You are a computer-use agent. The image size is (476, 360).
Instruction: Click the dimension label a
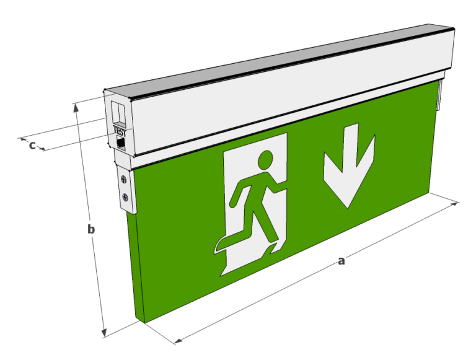[x=341, y=261]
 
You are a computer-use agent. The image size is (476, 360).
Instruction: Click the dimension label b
[x=90, y=229]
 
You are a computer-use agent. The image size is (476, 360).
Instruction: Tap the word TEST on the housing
[x=120, y=131]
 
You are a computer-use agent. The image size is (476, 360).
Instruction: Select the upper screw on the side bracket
[x=126, y=179]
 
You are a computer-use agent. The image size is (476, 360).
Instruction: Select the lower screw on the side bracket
[x=126, y=198]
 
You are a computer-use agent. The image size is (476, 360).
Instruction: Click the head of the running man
[x=267, y=160]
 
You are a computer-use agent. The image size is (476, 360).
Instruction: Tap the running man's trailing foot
[x=218, y=246]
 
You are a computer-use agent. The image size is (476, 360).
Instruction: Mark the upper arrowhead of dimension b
[x=76, y=107]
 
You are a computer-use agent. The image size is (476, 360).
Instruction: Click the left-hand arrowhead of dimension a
[x=177, y=340]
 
